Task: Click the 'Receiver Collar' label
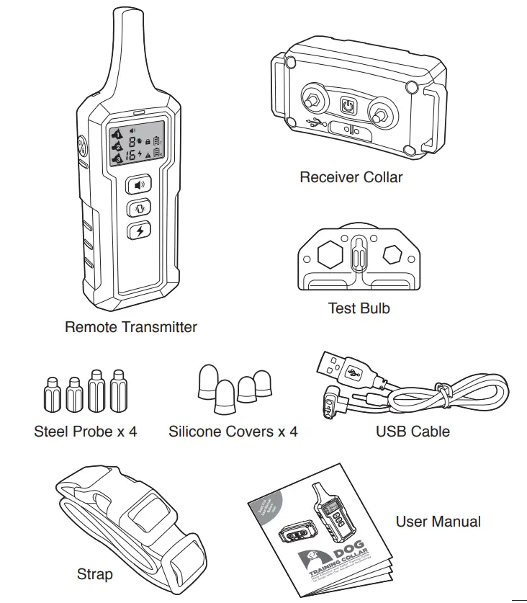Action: (351, 177)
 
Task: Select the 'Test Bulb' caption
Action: (359, 308)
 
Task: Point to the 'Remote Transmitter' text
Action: (130, 327)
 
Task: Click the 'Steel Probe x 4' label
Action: (85, 432)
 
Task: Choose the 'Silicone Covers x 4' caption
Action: (233, 432)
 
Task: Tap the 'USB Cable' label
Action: (413, 432)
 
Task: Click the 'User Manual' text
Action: (438, 522)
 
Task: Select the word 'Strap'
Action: (94, 575)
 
